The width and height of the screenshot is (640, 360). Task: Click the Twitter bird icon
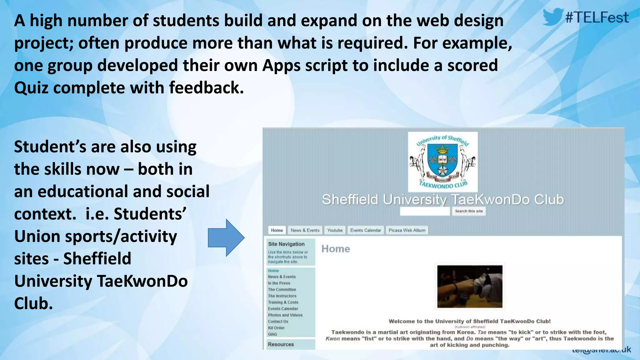click(x=553, y=17)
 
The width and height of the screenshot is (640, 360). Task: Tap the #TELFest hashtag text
click(x=597, y=17)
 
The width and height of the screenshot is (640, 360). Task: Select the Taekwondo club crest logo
click(x=442, y=162)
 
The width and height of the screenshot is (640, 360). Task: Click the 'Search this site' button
click(x=468, y=211)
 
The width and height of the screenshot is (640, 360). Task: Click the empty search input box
click(x=425, y=211)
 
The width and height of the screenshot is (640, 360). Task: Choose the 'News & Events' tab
click(x=305, y=230)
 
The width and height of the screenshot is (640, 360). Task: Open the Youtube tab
click(x=335, y=230)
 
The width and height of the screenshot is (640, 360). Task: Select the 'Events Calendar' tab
click(x=366, y=230)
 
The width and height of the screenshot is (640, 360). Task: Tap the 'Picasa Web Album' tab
click(x=407, y=230)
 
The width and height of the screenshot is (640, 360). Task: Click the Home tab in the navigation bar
click(x=277, y=230)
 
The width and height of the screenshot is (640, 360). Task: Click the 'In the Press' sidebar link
click(x=279, y=283)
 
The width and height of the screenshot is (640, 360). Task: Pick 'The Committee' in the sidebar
click(x=282, y=290)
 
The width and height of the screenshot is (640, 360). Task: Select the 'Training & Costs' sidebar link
click(x=283, y=302)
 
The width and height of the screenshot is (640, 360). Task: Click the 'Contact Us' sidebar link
click(x=278, y=322)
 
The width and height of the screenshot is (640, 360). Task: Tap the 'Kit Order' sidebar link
click(x=276, y=328)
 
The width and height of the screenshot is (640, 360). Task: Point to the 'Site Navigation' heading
click(x=286, y=244)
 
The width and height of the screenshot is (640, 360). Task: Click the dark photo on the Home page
click(x=470, y=287)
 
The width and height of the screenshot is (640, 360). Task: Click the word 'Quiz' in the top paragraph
click(x=31, y=88)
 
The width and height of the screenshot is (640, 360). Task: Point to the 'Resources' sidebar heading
click(x=281, y=344)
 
